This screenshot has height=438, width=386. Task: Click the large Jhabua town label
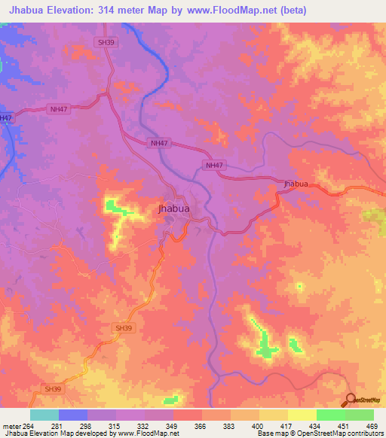point(173,208)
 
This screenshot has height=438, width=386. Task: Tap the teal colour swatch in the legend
point(44,415)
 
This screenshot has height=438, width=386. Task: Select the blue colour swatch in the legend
point(73,415)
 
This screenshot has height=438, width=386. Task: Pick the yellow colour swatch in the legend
point(274,415)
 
